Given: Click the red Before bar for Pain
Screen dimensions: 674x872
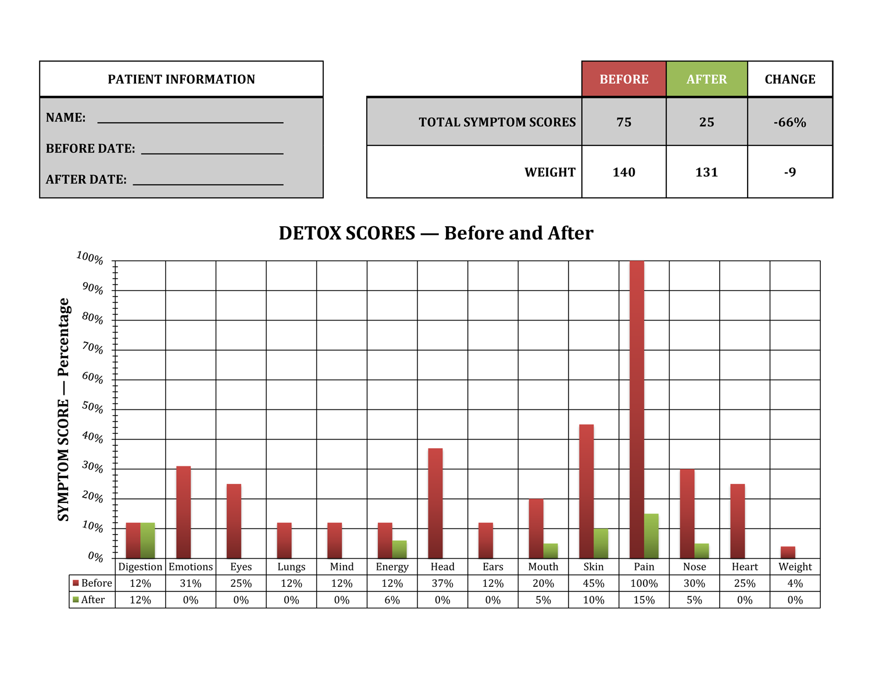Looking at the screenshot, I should click(x=637, y=409).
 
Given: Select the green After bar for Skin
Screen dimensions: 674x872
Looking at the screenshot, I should click(x=601, y=544).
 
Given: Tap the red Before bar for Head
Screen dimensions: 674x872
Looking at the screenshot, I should click(x=435, y=503).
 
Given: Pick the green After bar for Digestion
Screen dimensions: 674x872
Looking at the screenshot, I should click(x=148, y=541).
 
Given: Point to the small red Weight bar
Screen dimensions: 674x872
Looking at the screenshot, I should click(x=788, y=552).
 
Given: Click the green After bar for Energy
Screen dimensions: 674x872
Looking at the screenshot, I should click(x=399, y=550).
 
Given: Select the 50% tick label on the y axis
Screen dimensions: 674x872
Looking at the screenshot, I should click(x=92, y=407).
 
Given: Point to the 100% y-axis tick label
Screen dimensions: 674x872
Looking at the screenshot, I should click(x=90, y=258).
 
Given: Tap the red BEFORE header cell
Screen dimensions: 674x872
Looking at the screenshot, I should click(x=624, y=79).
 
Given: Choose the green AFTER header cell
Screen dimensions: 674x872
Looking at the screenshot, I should click(x=706, y=79).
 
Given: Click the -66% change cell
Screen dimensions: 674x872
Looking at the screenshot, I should click(x=789, y=122).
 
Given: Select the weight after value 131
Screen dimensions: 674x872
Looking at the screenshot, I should click(x=706, y=172).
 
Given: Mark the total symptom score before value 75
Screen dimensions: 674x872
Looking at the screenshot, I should click(x=624, y=122).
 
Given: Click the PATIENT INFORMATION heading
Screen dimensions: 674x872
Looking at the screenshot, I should click(x=181, y=79).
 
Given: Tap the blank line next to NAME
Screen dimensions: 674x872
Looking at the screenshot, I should click(x=190, y=120).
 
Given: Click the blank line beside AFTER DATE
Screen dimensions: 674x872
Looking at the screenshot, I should click(x=208, y=182).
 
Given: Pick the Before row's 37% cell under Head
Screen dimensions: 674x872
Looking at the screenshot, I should click(x=442, y=583).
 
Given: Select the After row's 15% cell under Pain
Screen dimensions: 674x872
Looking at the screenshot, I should click(x=644, y=600).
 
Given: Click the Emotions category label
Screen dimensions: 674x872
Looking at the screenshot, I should click(x=191, y=567).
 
